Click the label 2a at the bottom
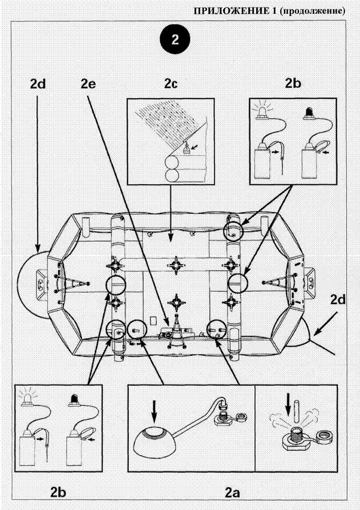231,492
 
